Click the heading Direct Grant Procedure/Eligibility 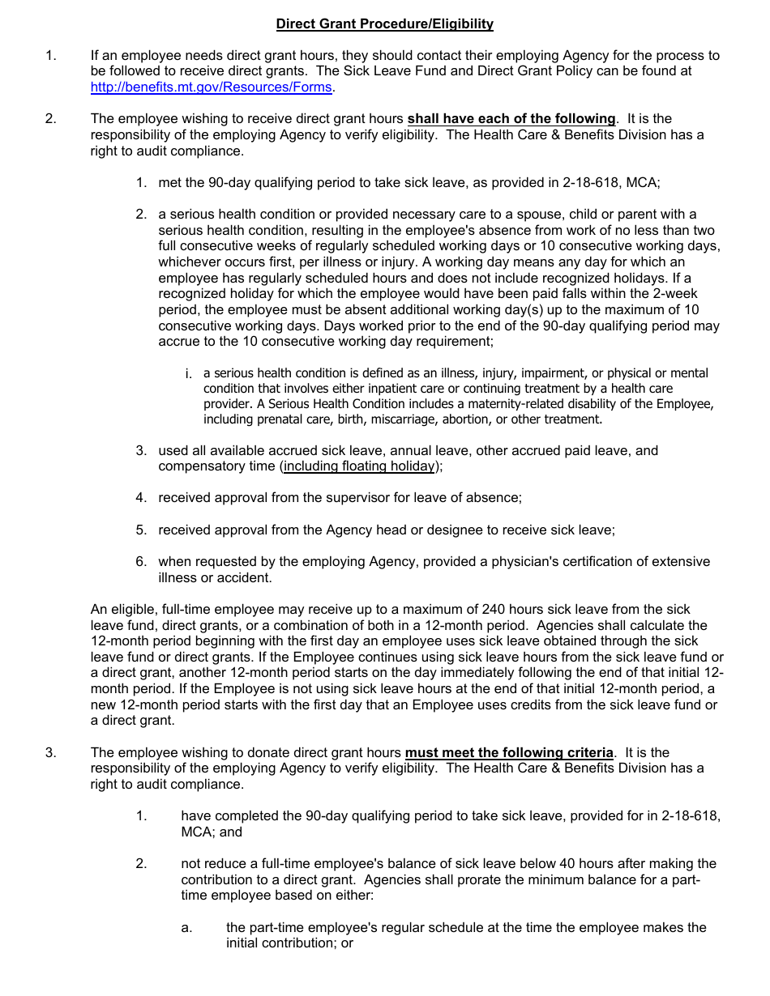tap(384, 24)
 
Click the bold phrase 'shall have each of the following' tap(511, 119)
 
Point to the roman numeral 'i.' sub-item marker tap(188, 373)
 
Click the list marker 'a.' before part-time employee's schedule tap(186, 928)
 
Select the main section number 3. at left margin tap(51, 753)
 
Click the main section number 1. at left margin tap(51, 56)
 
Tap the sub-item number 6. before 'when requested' tap(141, 562)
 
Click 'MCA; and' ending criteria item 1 tap(212, 832)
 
